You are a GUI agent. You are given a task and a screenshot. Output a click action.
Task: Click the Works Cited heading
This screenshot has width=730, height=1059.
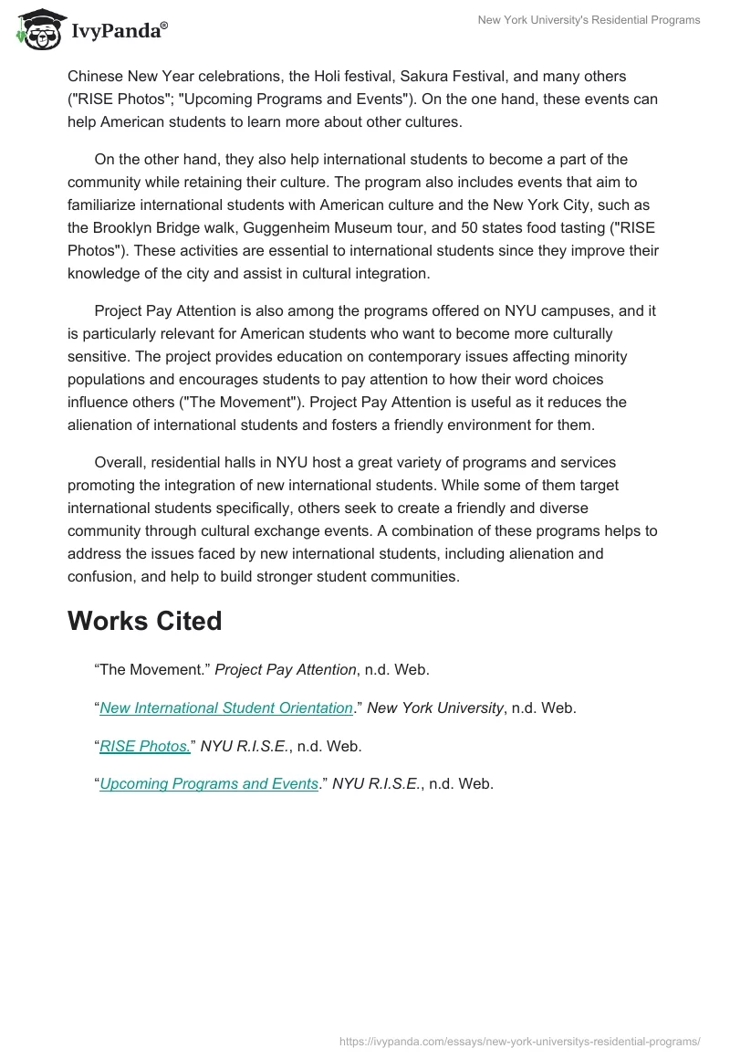(x=144, y=621)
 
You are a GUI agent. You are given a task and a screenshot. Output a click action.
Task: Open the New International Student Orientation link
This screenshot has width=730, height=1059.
(x=225, y=708)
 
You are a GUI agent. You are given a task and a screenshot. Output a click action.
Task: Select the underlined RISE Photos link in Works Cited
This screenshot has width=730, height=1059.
(x=144, y=746)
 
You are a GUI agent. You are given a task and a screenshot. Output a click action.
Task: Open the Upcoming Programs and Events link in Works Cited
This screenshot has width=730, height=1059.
(x=208, y=783)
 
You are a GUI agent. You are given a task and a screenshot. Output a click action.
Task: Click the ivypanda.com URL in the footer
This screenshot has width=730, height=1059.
(x=519, y=1040)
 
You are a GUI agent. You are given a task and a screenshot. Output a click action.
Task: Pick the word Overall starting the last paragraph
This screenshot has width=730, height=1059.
(x=121, y=463)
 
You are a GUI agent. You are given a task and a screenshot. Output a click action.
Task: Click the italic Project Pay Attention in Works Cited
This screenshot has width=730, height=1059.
(x=285, y=669)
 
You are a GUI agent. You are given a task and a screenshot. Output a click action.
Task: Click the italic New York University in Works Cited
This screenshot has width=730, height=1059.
(x=435, y=708)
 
